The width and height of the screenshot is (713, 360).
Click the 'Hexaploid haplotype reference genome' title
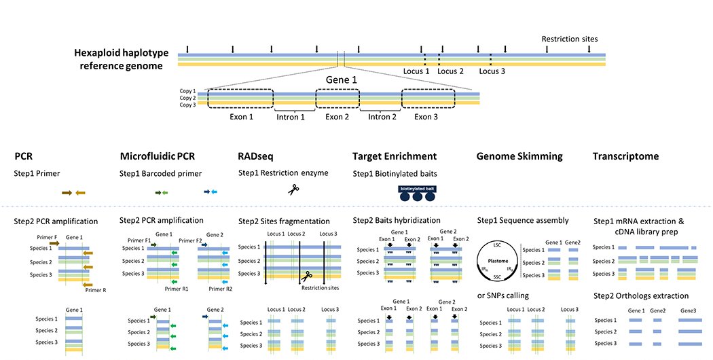[119, 60]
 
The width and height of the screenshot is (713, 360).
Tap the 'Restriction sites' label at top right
[569, 39]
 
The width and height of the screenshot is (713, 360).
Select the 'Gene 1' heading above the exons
[340, 79]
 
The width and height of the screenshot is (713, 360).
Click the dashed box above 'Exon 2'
[337, 98]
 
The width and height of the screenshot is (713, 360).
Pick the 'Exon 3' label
[426, 116]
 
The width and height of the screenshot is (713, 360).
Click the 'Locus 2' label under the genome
[450, 71]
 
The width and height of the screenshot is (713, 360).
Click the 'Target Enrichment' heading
[394, 156]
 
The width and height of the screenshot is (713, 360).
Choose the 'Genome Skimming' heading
[519, 156]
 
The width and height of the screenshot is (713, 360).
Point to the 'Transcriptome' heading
[625, 156]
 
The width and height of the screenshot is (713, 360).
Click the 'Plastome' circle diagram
[498, 260]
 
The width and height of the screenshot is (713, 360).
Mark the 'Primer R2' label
[220, 289]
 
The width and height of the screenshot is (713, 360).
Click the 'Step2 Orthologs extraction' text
[641, 295]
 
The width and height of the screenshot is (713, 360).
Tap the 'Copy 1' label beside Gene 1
[187, 91]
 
